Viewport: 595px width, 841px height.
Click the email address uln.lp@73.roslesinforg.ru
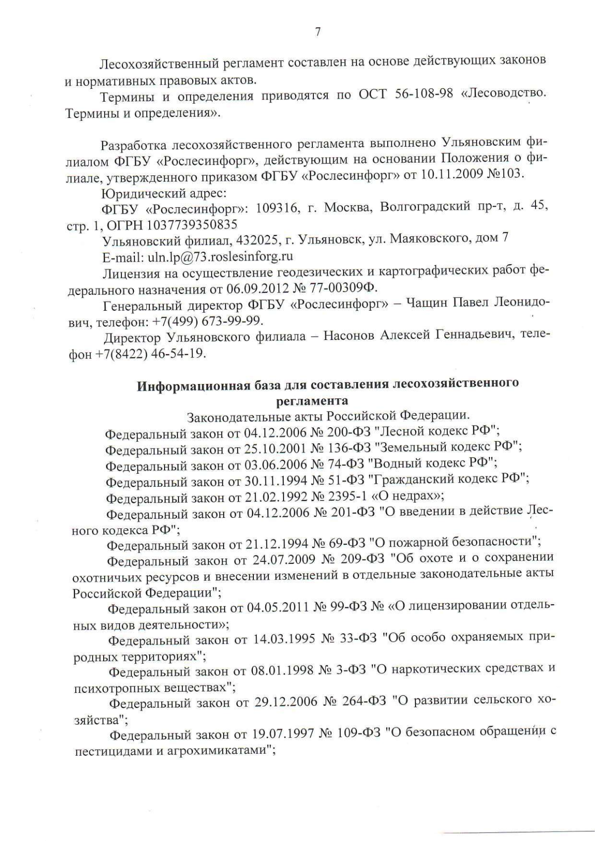(x=218, y=256)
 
